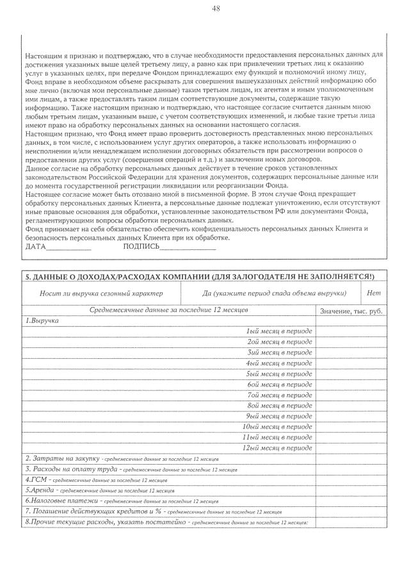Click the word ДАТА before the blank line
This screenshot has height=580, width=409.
(36, 247)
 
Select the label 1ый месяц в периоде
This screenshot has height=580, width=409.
(279, 331)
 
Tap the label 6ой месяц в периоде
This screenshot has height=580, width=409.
(279, 384)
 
